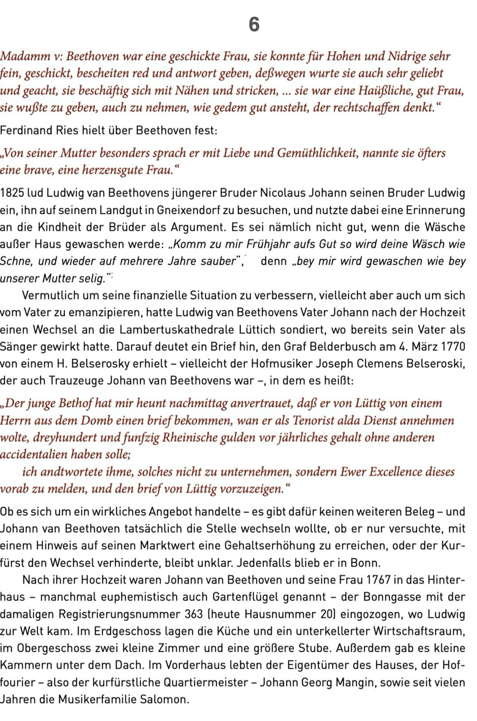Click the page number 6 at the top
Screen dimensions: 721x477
254,25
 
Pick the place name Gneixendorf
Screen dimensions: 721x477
190,210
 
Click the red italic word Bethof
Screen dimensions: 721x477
75,403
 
